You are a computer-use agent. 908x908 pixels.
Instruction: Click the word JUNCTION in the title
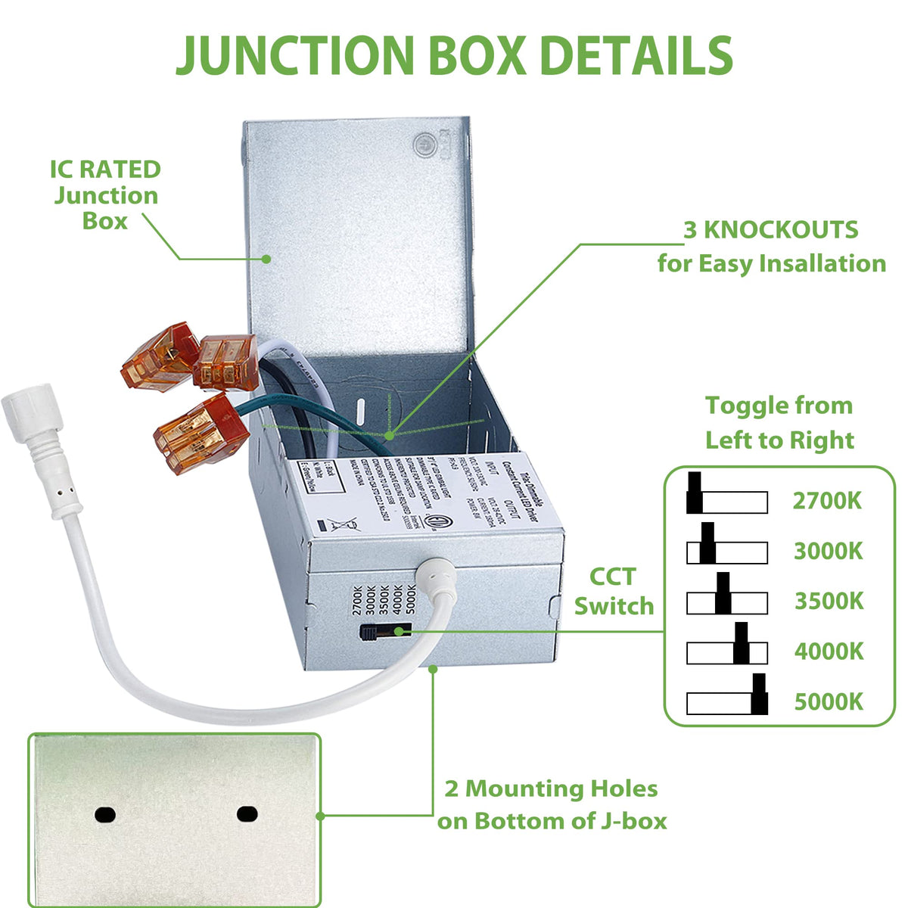295,54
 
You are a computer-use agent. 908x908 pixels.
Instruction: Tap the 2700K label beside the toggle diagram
827,501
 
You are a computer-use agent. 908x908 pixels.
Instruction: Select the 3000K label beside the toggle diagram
828,551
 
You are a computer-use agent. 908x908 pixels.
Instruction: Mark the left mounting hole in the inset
105,814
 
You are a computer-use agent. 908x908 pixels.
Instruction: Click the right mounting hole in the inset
247,814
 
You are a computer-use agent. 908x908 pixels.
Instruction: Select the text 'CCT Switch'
614,591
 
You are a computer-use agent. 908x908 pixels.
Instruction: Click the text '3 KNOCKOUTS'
770,230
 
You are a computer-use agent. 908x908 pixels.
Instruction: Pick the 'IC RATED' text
105,169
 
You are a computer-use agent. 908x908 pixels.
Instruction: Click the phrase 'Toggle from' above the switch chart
779,406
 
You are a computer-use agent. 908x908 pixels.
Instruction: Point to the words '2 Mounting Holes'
551,789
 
